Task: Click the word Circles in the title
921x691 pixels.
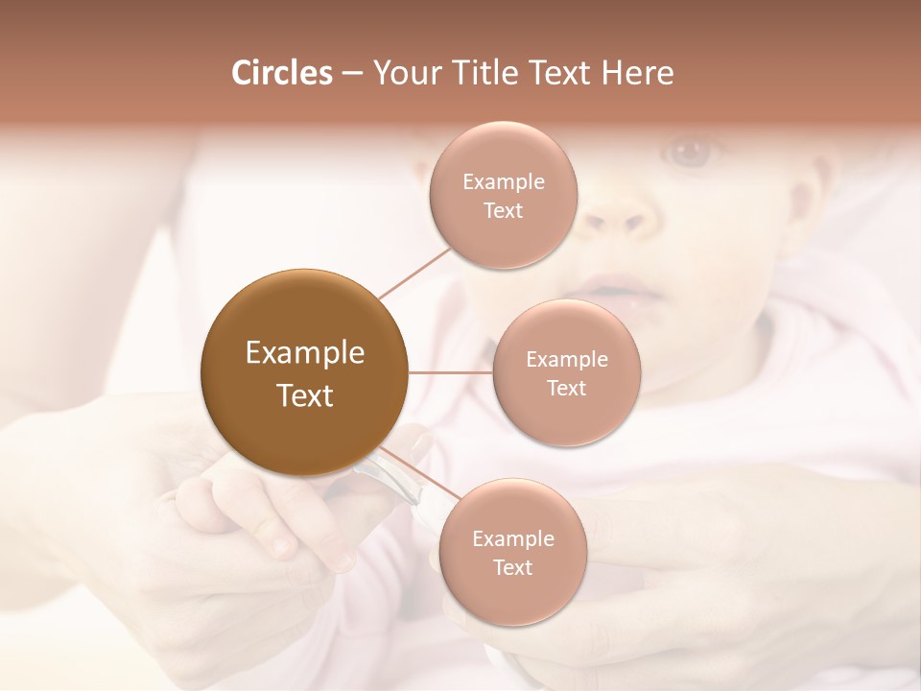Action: (281, 73)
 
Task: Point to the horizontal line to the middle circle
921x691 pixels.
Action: (450, 372)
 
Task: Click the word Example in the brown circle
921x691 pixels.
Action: (304, 353)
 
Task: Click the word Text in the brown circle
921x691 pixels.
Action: (304, 395)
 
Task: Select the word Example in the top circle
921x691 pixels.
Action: (504, 182)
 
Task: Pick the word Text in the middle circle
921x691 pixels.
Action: (567, 389)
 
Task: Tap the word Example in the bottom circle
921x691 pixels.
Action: (512, 539)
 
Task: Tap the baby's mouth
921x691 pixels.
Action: (614, 288)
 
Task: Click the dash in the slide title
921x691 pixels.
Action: (351, 74)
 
